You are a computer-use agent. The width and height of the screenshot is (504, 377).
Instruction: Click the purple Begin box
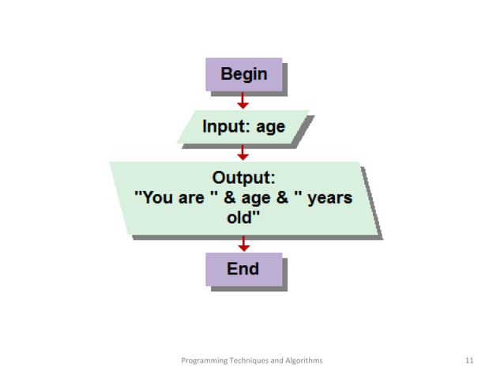243,75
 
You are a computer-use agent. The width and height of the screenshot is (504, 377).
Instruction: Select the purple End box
243,269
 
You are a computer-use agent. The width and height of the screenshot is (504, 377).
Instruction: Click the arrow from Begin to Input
243,100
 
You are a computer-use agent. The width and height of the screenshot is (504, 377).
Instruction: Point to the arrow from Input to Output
243,153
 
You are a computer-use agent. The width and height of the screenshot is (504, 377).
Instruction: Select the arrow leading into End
243,244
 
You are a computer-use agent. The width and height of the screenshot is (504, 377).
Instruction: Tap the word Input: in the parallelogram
226,126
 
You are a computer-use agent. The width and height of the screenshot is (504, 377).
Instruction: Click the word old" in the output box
243,218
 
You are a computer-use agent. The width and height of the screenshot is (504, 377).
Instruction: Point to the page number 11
470,360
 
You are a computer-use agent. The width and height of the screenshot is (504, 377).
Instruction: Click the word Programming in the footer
203,360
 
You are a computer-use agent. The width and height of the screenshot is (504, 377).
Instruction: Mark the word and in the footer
276,360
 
